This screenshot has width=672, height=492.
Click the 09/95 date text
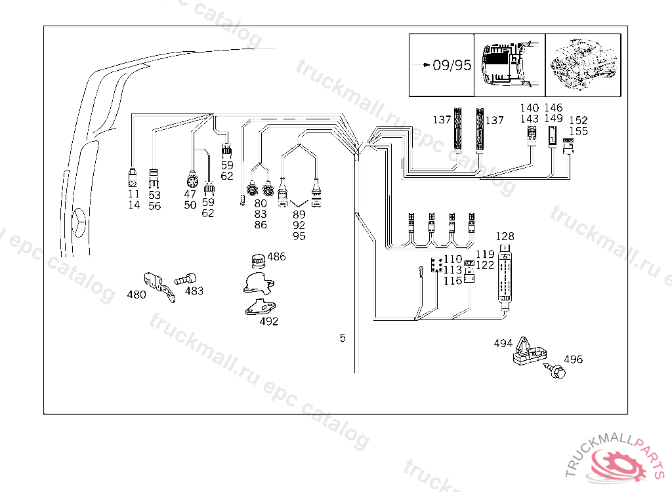click(452, 66)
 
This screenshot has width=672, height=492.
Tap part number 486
click(276, 256)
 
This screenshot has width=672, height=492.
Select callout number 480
click(136, 295)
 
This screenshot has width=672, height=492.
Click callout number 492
click(269, 321)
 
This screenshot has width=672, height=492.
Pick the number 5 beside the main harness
click(343, 338)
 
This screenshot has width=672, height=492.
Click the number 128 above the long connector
click(505, 236)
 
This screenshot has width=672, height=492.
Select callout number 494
click(503, 342)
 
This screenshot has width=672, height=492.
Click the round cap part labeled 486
click(258, 260)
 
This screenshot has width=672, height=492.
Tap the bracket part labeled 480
click(159, 286)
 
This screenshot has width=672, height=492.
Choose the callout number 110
click(453, 260)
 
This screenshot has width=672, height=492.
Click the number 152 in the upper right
click(578, 120)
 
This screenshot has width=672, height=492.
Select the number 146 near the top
click(554, 108)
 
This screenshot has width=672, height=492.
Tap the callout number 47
click(190, 194)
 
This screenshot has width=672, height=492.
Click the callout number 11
click(134, 194)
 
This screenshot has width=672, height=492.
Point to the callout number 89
click(299, 215)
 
